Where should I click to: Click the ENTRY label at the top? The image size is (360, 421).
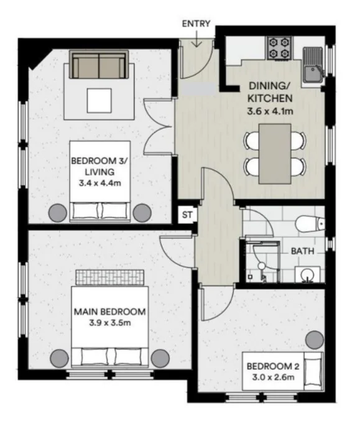click(196, 24)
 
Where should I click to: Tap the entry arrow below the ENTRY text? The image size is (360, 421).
click(196, 39)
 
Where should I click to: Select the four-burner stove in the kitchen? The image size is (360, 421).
click(279, 48)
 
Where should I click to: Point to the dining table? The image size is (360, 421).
click(275, 154)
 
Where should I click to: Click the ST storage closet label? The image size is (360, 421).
click(187, 215)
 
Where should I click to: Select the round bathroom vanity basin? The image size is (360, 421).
click(308, 274)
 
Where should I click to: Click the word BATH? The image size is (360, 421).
click(303, 251)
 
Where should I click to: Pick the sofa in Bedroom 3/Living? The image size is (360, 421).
click(99, 65)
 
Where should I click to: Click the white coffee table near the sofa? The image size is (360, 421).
click(99, 101)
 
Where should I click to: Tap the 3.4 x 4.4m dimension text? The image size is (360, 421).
click(100, 183)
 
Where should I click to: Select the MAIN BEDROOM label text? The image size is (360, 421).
click(110, 312)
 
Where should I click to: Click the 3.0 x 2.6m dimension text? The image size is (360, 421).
click(274, 377)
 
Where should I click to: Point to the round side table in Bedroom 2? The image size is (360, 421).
click(315, 340)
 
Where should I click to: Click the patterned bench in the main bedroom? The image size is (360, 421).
click(110, 277)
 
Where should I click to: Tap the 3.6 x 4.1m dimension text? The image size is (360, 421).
click(270, 111)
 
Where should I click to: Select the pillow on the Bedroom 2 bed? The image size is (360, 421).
click(313, 371)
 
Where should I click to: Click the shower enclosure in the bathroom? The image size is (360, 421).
click(262, 262)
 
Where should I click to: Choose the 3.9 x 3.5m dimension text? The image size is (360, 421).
click(110, 323)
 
